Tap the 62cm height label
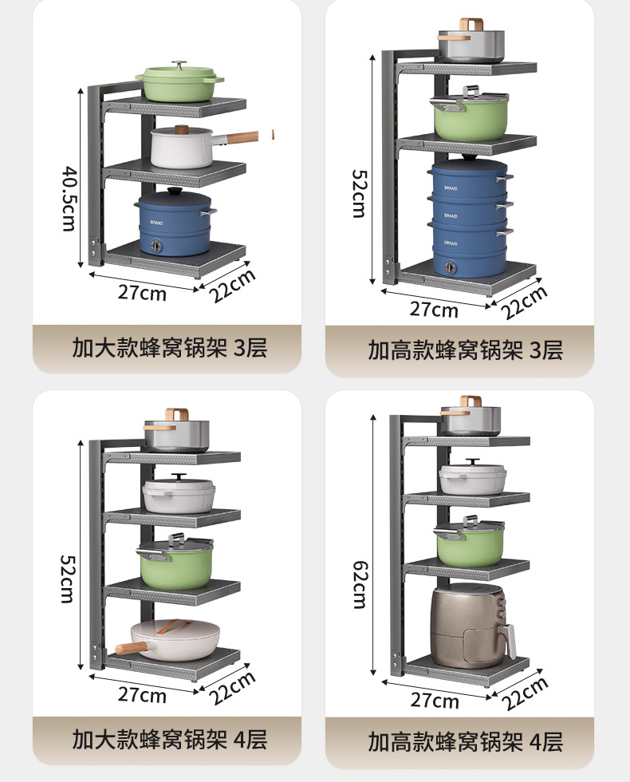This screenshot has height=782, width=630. [360, 584]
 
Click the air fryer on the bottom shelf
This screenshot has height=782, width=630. [471, 626]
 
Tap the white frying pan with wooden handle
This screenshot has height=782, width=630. [171, 638]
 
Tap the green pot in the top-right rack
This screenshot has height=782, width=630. [471, 119]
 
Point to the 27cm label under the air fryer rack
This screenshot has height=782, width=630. [435, 701]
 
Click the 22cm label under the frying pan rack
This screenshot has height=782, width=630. [233, 687]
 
